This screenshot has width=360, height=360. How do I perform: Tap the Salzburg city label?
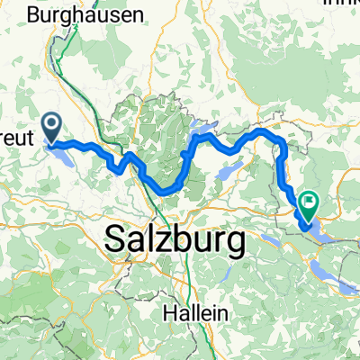pos(175,241)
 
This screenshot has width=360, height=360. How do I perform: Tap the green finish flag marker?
pos(309,207)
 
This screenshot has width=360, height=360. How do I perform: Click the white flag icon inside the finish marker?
pos(309,202)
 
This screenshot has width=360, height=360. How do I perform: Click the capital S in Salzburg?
pos(116,241)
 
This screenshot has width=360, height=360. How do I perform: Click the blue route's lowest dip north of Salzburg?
pos(166,190)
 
